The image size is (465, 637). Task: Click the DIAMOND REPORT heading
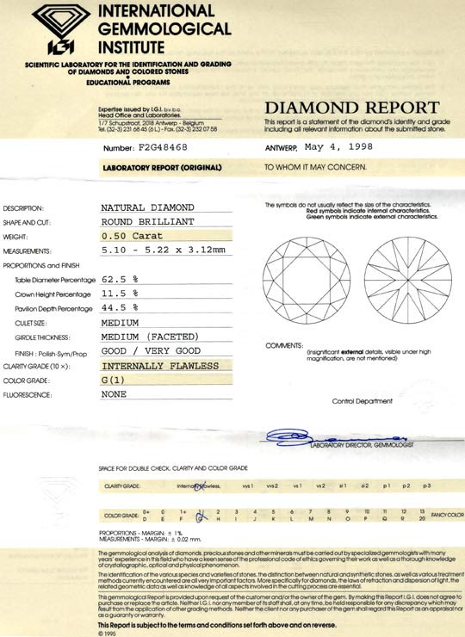click(351, 108)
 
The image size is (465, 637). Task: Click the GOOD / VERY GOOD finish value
click(151, 351)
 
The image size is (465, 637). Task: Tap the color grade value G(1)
click(117, 380)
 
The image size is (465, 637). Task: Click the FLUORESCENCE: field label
click(29, 394)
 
